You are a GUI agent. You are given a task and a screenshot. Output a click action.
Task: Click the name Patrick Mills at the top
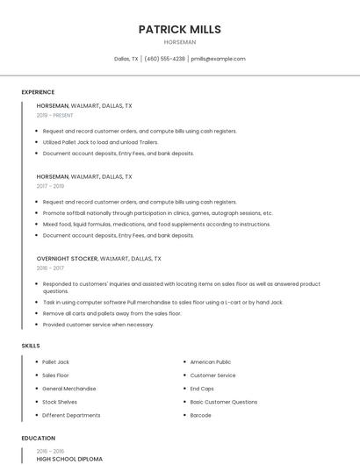(x=180, y=29)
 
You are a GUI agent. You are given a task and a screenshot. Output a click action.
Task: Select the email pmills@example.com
(x=219, y=59)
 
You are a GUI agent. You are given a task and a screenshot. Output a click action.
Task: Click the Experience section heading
(x=38, y=92)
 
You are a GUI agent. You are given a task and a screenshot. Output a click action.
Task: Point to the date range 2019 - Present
(x=55, y=115)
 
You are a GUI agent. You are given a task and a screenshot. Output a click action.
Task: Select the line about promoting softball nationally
(x=158, y=213)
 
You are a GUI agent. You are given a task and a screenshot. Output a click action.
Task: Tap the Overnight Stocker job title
(x=67, y=259)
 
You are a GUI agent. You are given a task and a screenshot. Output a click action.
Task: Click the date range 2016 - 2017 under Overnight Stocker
(x=51, y=268)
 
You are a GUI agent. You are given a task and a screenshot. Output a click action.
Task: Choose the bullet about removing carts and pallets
(x=112, y=313)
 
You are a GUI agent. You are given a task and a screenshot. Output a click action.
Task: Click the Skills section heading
(x=31, y=346)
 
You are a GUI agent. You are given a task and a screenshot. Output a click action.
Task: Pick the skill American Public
(x=211, y=361)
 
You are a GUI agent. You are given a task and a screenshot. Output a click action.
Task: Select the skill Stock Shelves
(x=60, y=402)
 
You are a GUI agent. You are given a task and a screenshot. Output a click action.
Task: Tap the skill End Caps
(x=202, y=389)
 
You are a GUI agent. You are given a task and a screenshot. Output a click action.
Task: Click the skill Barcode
(x=201, y=415)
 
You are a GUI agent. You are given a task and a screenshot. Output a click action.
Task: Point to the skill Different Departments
(x=71, y=415)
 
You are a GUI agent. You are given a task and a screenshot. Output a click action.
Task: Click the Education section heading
(x=38, y=438)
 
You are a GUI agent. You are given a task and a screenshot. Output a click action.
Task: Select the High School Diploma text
(x=69, y=459)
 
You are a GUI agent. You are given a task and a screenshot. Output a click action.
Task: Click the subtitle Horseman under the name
(x=180, y=41)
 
